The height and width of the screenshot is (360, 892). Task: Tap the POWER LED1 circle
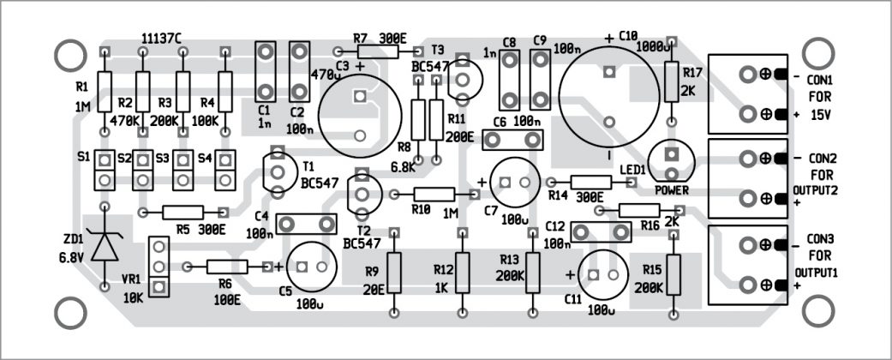pyautogui.click(x=671, y=162)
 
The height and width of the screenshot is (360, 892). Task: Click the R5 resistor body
pyautogui.click(x=183, y=212)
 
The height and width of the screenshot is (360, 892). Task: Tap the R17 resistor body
pyautogui.click(x=672, y=81)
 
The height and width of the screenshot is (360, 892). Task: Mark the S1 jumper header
pyautogui.click(x=105, y=170)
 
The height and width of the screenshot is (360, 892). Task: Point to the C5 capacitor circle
pyautogui.click(x=312, y=267)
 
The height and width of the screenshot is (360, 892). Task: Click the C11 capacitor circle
pyautogui.click(x=603, y=274)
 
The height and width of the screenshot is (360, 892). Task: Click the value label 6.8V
pyautogui.click(x=72, y=257)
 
